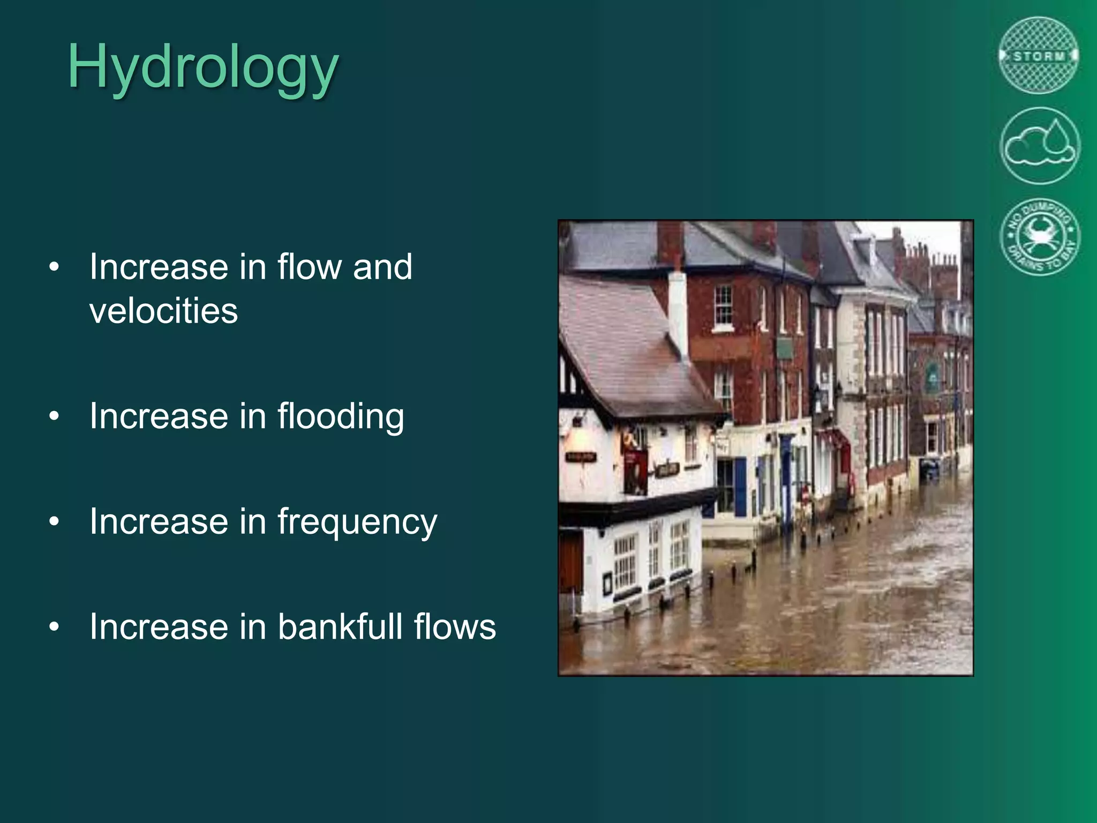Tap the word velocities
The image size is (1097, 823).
[x=163, y=311]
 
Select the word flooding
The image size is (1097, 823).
[x=341, y=416]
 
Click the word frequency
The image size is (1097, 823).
[x=357, y=522]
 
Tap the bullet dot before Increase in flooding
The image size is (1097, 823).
[x=54, y=416]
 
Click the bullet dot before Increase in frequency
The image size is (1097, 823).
[x=54, y=521]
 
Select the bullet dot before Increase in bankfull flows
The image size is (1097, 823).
[x=54, y=626]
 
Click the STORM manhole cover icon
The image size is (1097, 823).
[x=1039, y=56]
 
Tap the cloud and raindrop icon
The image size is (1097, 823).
[x=1040, y=146]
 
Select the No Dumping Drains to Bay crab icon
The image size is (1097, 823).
[x=1040, y=236]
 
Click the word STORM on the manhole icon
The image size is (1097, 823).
[x=1039, y=56]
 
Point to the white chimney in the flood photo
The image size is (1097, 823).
[x=678, y=311]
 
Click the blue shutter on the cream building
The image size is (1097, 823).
[x=740, y=487]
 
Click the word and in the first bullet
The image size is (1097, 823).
[x=382, y=266]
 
